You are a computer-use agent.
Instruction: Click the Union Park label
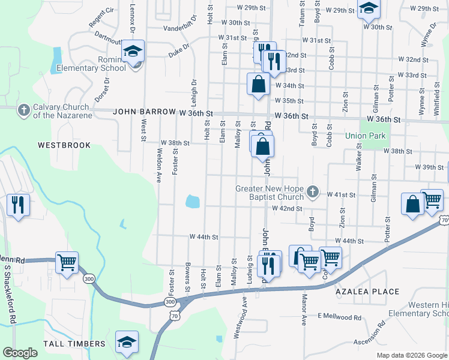click(366, 136)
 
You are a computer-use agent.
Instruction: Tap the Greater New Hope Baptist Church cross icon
click(312, 193)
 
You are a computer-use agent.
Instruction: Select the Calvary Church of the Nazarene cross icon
click(23, 110)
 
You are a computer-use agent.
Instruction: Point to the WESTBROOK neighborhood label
click(64, 145)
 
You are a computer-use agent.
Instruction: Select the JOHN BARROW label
click(140, 112)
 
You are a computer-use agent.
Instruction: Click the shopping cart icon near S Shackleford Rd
click(67, 262)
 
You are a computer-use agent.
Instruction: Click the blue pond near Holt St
click(193, 202)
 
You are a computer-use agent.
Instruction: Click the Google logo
click(20, 353)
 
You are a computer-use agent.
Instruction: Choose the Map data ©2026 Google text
click(411, 355)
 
